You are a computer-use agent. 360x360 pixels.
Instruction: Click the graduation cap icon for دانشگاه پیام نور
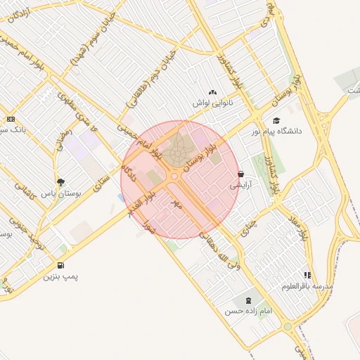276,120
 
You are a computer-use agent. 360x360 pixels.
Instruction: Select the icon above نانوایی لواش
213,92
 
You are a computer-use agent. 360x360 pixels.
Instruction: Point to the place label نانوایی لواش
213,103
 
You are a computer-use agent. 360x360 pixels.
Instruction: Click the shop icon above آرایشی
241,174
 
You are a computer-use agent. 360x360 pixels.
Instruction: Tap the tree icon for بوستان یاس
61,181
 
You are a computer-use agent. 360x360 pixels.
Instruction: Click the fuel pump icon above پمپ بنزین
61,266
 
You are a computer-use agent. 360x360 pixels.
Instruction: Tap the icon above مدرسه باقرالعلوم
307,275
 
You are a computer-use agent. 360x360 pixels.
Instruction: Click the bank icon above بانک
10,119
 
